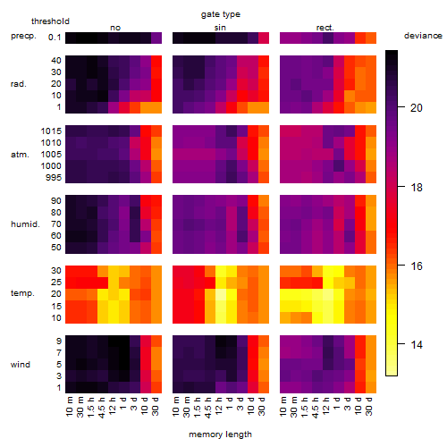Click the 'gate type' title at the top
tap(221, 14)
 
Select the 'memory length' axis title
tap(220, 434)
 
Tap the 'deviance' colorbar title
tap(423, 36)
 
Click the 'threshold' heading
tap(50, 21)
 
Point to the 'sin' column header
tap(220, 28)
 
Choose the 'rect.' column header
tap(325, 28)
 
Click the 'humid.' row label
tap(25, 224)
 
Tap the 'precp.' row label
tap(23, 36)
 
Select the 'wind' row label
tap(21, 365)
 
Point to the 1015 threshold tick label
tap(51, 131)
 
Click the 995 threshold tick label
tap(54, 178)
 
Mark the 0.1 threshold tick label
tap(55, 38)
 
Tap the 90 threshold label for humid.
tap(56, 201)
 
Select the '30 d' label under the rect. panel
tap(368, 407)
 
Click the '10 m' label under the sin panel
tap(176, 407)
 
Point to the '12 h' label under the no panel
tap(112, 407)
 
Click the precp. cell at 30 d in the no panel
tap(156, 38)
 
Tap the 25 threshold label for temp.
tap(56, 283)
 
